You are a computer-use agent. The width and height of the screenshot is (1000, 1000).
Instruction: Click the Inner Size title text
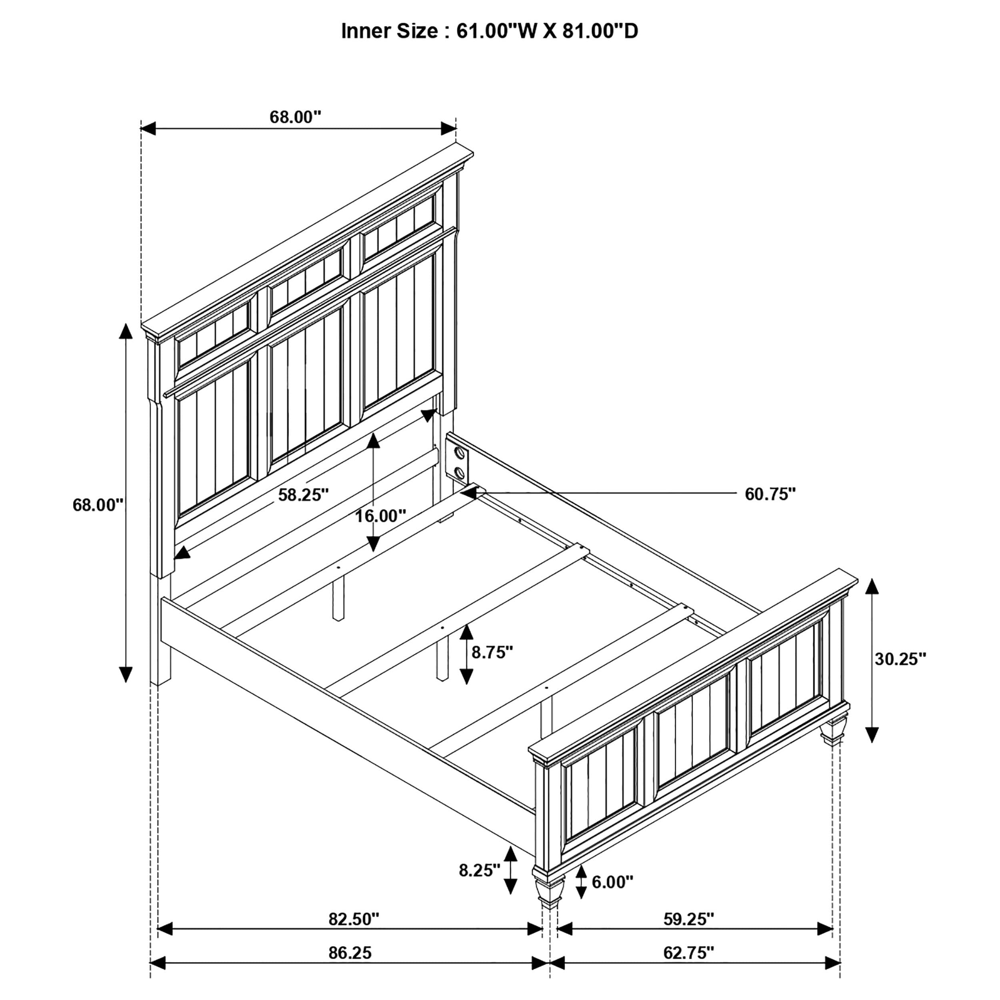coord(489,32)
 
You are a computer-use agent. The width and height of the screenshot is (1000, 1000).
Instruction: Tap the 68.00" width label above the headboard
coord(295,117)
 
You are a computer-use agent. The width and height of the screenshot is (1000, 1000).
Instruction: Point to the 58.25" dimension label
coord(303,495)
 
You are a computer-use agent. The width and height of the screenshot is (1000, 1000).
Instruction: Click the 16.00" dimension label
coord(380,516)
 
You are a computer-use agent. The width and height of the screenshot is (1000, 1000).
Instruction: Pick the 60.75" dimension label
coord(770,494)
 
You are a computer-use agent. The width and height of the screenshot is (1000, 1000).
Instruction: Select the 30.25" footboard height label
coord(900,659)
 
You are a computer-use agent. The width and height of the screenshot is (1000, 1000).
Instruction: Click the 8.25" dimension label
coord(479,870)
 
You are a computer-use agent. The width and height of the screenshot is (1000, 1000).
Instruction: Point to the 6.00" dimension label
coord(612,882)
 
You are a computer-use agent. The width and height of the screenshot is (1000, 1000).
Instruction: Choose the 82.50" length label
coord(354,919)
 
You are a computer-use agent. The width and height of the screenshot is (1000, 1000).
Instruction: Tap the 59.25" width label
coord(688,919)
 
